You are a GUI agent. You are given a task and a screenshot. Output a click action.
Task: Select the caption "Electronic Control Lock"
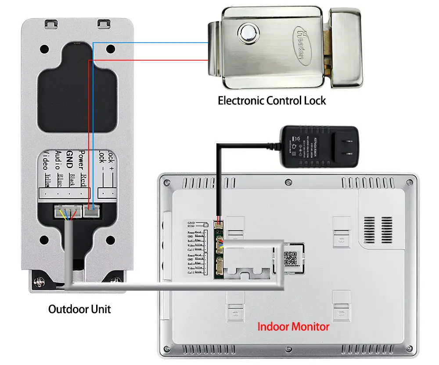[272, 101]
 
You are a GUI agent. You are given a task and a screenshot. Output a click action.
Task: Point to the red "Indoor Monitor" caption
[293, 327]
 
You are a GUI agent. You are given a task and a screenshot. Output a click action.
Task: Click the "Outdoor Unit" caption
[79, 309]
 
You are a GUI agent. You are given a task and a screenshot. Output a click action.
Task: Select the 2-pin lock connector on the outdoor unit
[92, 212]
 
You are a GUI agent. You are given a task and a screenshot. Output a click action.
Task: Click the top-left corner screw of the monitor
[166, 182]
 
